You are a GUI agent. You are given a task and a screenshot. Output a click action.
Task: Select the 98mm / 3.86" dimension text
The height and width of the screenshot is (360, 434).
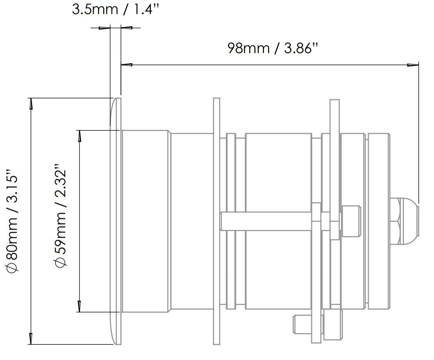click(273, 48)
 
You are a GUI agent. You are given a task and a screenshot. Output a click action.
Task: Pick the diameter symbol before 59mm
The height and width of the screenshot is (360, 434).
click(61, 262)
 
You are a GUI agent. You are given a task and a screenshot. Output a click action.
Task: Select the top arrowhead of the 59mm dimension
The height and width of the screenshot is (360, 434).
click(80, 135)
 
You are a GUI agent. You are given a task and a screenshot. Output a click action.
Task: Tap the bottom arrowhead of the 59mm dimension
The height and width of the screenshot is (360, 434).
click(80, 306)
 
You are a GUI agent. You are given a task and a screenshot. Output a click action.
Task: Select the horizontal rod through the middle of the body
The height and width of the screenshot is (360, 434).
click(266, 221)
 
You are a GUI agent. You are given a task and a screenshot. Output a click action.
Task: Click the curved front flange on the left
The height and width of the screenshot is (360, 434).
click(114, 221)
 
